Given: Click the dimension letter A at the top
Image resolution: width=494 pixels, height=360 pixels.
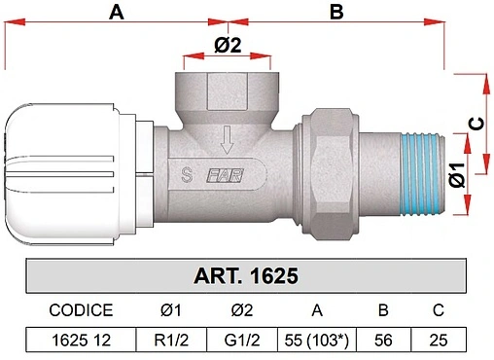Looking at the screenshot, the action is pos(117,13).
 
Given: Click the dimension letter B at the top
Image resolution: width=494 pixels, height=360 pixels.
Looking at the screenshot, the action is pos(336,13).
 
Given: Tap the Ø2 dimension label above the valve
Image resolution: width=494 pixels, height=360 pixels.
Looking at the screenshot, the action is pos(228,45).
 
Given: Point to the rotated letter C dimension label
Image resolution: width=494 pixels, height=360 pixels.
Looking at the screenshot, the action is pos(476,124).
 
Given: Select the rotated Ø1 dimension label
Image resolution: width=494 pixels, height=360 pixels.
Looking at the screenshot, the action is pos(457,175).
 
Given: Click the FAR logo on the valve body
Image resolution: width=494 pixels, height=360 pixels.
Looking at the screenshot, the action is pos(226,175).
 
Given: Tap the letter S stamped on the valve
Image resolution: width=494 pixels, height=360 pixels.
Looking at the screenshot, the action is pos(187,175).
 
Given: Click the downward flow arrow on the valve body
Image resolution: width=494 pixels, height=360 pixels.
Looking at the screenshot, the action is pos(227,140).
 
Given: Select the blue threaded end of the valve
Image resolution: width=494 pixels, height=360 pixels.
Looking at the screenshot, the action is pos(422,174).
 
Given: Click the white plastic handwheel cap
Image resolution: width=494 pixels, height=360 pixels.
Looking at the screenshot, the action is pos(60,174).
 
